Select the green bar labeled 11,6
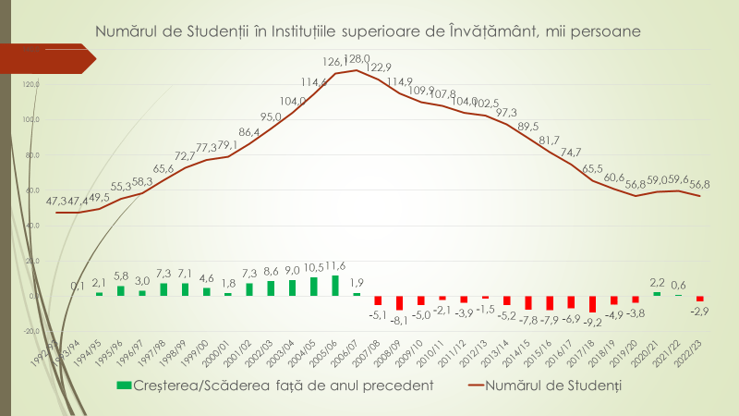(335, 286)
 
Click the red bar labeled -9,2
(592, 304)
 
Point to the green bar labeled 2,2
(657, 294)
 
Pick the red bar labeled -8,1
(400, 303)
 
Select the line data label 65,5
(592, 169)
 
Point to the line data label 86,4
(249, 132)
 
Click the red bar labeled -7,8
(528, 303)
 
